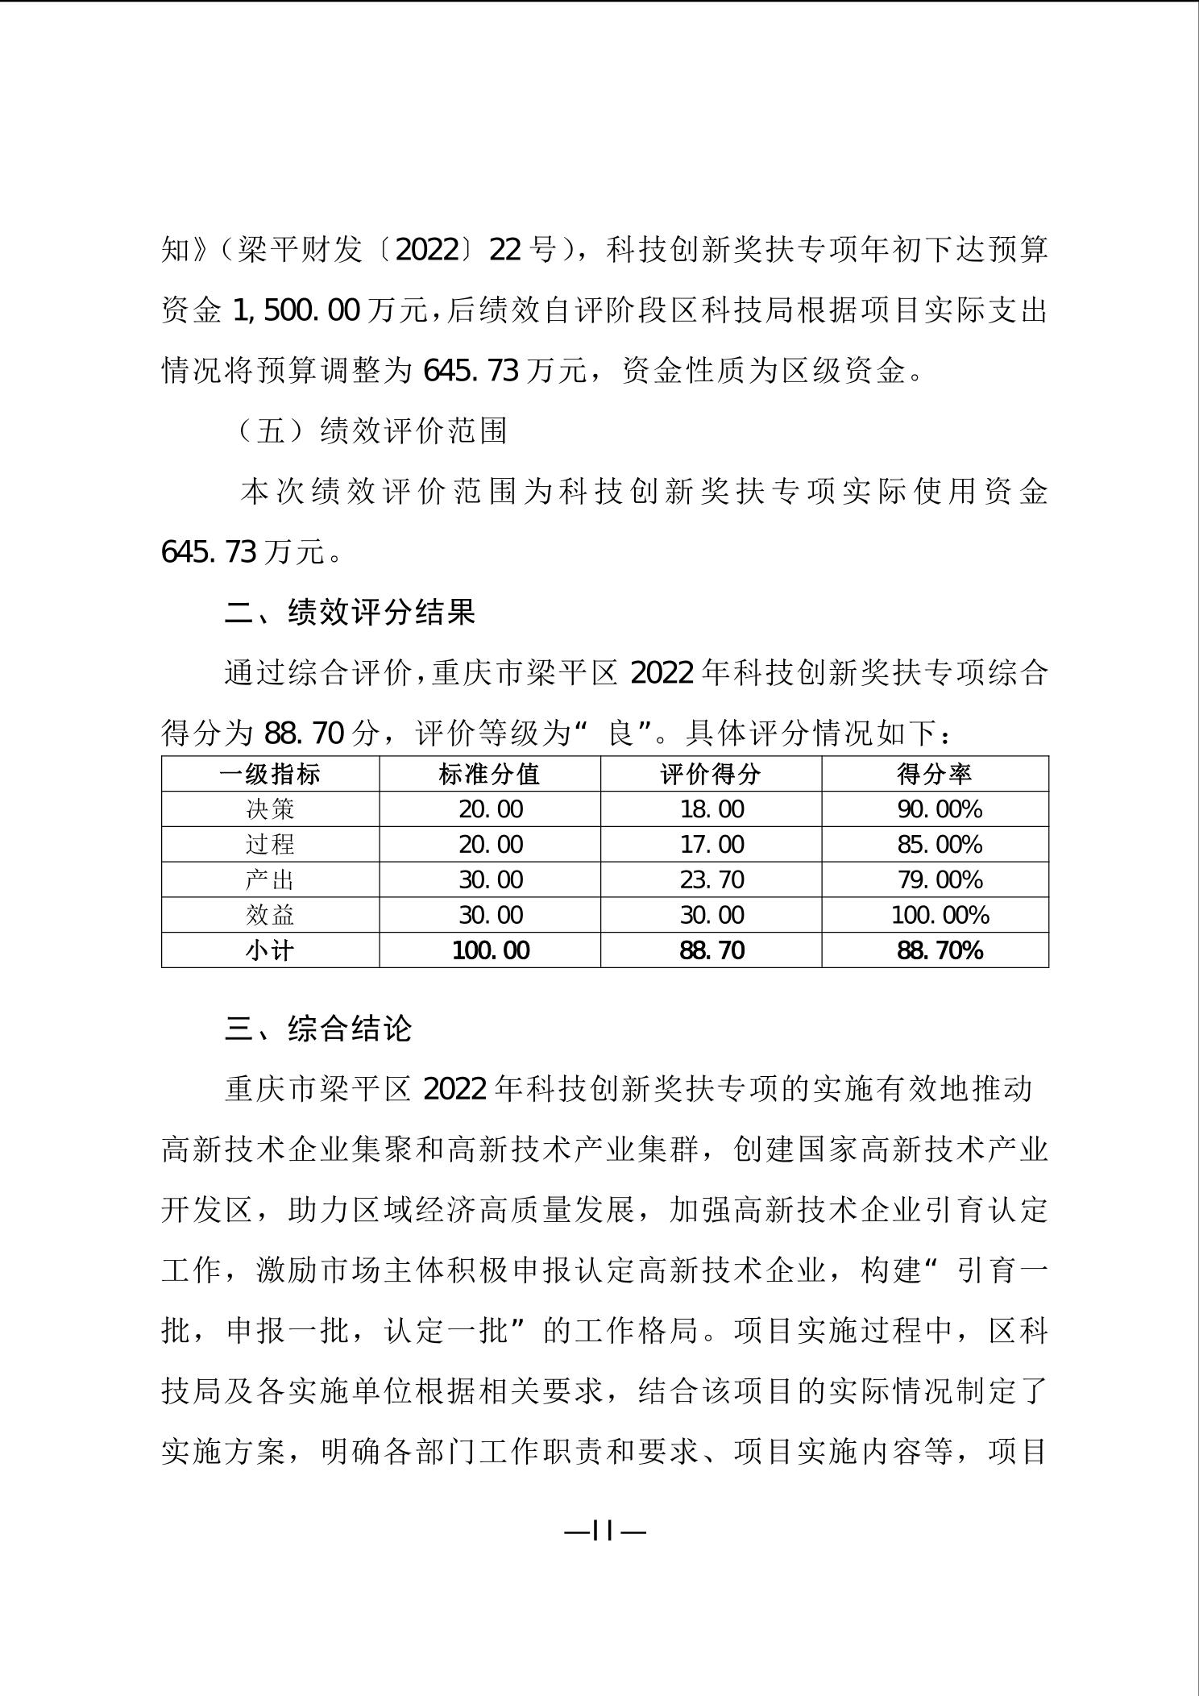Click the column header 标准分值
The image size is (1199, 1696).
tap(489, 774)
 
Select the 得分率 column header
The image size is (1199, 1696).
tap(935, 774)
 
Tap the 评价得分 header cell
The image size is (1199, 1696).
tap(711, 774)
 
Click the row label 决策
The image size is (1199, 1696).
tap(270, 809)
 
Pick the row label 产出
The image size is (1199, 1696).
tap(270, 879)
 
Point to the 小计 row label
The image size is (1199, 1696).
tap(270, 950)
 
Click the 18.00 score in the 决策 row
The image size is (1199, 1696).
tap(712, 809)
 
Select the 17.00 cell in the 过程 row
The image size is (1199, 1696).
tap(712, 845)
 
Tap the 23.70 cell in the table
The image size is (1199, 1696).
tap(712, 879)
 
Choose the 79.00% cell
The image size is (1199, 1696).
tap(940, 879)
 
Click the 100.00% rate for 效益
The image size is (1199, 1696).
tap(940, 915)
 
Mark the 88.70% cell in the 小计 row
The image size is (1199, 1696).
tap(940, 950)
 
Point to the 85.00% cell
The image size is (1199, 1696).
tap(940, 845)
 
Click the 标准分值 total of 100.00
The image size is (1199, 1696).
tap(491, 950)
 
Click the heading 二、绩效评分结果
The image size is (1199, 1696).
tap(351, 613)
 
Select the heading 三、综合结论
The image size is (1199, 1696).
tap(319, 1029)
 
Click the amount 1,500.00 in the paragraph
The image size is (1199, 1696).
tap(295, 310)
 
